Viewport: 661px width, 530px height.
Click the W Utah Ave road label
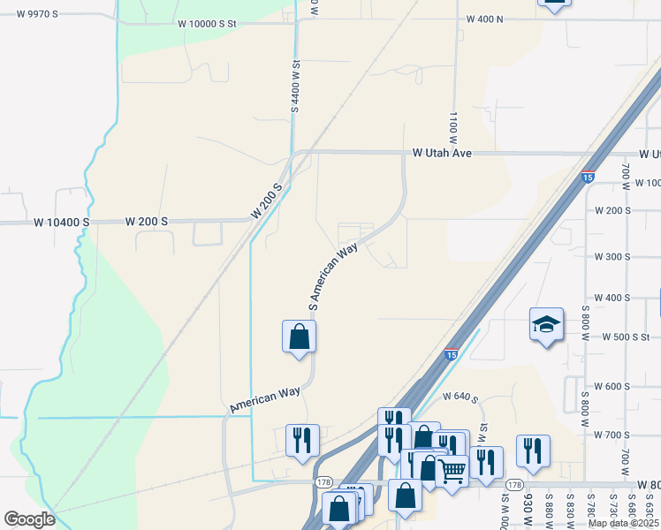click(442, 153)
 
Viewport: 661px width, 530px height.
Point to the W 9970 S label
click(30, 14)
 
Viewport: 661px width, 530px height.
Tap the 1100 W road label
click(452, 128)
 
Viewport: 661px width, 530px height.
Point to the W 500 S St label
click(626, 337)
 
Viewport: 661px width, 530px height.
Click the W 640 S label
click(460, 398)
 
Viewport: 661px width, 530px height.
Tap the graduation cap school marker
click(546, 326)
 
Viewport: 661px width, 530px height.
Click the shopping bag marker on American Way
click(299, 337)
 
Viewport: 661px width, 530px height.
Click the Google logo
click(30, 519)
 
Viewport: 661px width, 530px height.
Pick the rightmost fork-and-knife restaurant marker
click(533, 450)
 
